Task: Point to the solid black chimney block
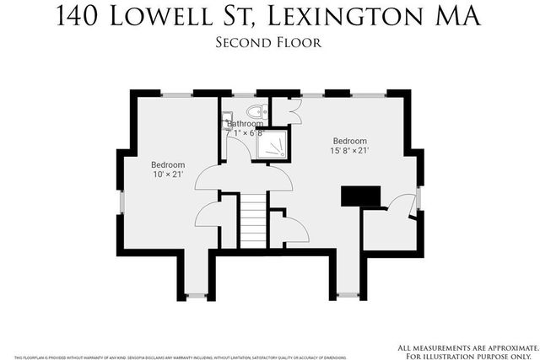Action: click(358, 196)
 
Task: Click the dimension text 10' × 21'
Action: click(168, 175)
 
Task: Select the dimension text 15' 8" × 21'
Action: click(348, 151)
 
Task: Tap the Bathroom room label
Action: click(245, 123)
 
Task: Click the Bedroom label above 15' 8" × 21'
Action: click(349, 141)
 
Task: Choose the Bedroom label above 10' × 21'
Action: click(168, 164)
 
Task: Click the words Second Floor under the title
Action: click(269, 41)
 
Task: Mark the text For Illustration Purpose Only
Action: click(468, 354)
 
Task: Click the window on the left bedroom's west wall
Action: click(122, 202)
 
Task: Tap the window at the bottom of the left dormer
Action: click(196, 295)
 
